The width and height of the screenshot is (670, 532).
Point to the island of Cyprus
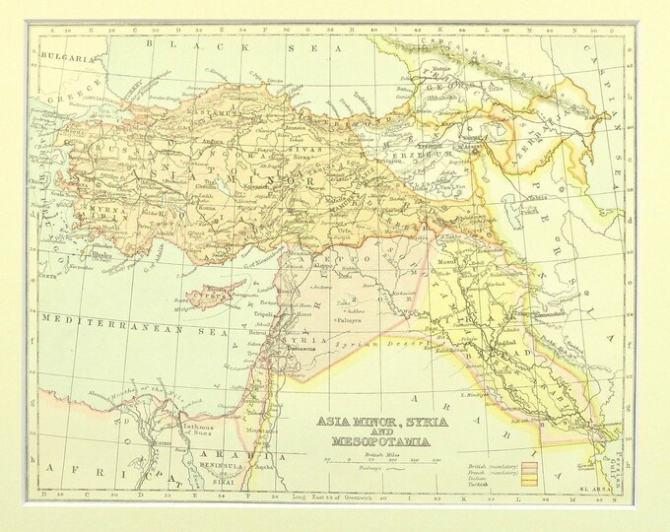(211, 293)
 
